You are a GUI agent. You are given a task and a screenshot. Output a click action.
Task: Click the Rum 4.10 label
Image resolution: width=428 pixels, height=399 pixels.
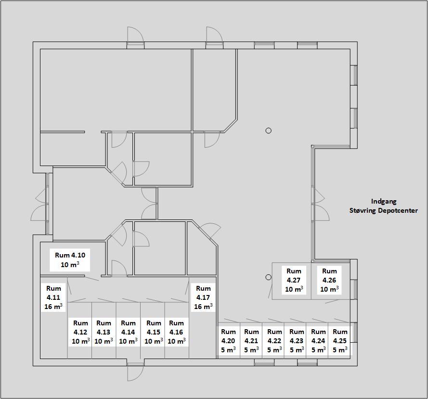tap(70, 259)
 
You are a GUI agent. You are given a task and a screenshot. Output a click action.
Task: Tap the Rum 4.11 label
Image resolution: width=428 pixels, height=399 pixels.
tap(53, 297)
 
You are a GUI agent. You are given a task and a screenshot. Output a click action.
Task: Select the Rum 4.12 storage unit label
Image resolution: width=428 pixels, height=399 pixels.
tap(80, 332)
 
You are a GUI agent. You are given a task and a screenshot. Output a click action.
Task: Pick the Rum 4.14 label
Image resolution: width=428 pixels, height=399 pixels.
tap(128, 332)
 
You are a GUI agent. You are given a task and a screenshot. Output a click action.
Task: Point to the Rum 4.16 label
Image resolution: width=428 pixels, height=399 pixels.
tap(176, 332)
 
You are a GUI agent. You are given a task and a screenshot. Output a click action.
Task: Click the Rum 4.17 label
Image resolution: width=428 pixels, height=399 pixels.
tap(203, 297)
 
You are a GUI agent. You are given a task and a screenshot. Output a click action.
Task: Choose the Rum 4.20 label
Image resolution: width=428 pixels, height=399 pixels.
tap(228, 341)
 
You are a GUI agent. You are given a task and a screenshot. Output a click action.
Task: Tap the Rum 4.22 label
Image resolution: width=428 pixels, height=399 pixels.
tap(274, 341)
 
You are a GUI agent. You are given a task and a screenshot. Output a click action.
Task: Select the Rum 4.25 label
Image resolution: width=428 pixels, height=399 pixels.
tap(340, 341)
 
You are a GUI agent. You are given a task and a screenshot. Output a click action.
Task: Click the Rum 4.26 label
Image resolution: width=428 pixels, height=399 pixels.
tap(329, 280)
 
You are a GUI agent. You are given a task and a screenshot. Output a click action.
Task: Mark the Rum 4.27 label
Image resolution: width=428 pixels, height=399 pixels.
tap(294, 280)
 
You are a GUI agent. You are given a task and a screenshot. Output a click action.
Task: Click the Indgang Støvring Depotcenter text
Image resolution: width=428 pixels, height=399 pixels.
tap(384, 206)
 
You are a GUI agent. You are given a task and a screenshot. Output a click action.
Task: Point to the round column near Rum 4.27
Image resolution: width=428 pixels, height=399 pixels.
tap(268, 277)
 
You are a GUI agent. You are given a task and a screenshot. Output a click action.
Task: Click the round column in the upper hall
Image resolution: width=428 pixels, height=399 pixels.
tap(268, 131)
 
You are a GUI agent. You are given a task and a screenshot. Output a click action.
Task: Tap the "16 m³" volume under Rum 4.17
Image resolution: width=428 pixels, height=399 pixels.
tap(203, 306)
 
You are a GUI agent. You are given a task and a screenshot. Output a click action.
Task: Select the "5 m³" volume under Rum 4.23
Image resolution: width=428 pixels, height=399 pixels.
tap(297, 349)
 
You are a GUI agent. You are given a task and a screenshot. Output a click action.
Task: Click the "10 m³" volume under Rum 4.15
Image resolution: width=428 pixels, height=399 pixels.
tap(154, 341)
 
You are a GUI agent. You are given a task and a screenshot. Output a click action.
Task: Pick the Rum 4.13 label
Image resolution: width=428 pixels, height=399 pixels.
tap(104, 332)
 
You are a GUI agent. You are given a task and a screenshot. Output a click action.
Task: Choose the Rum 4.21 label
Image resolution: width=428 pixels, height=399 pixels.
tap(251, 341)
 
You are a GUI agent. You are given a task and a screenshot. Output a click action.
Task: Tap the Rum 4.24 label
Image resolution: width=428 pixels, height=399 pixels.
tap(318, 341)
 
